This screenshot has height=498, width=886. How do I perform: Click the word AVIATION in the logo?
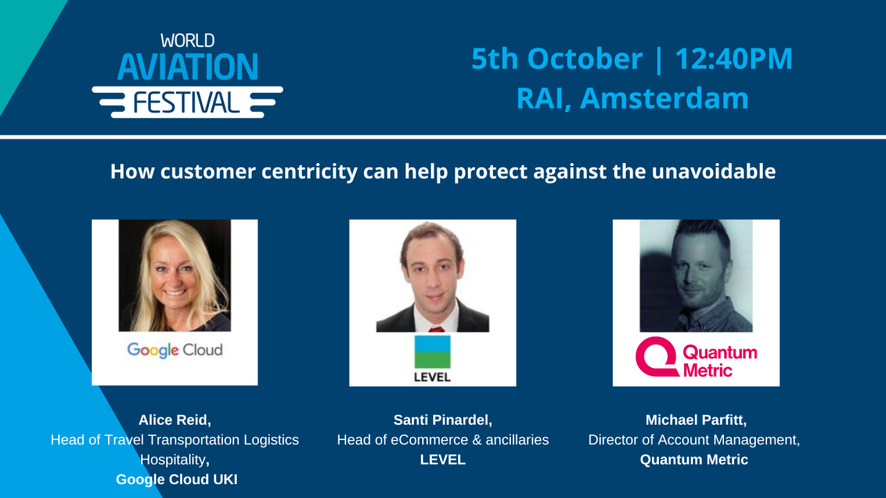tap(188, 67)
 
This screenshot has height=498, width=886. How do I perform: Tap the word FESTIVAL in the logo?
tap(187, 102)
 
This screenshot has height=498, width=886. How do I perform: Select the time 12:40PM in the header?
tap(734, 59)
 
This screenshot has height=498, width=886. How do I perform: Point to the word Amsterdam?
tap(664, 98)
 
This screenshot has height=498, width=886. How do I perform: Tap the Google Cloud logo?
tap(174, 350)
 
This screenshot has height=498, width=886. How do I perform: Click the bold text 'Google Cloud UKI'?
tap(177, 479)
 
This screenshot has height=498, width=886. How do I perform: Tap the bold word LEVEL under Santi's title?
tap(442, 459)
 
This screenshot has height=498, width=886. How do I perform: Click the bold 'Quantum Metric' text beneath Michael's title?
tap(694, 459)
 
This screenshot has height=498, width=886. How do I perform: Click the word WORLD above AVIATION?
tap(188, 41)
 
